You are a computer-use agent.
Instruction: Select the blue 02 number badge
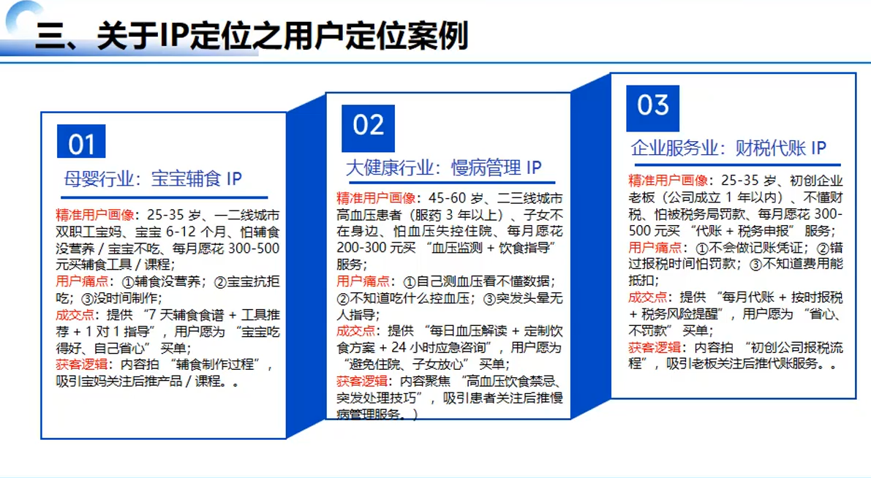tap(368, 126)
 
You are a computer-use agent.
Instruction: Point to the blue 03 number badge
tap(652, 105)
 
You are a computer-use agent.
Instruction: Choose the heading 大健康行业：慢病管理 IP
tap(443, 167)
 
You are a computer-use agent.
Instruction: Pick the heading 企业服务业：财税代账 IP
tap(728, 148)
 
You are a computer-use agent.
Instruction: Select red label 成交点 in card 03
tap(647, 297)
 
